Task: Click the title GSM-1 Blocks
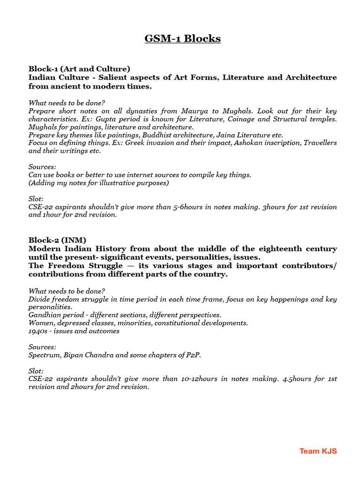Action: coord(182,38)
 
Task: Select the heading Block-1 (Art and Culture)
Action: coord(79,68)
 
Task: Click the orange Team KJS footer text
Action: coord(318,451)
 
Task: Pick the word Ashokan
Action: coord(227,142)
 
